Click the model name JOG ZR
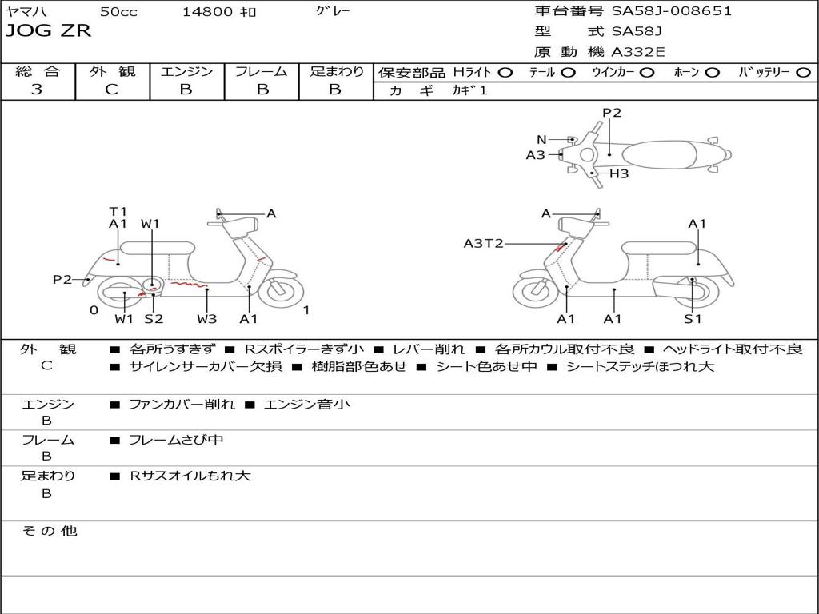[x=49, y=31]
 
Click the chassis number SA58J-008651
[x=671, y=11]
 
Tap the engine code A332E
[x=637, y=53]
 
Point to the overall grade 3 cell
[x=37, y=90]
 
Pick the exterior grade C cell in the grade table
[x=111, y=90]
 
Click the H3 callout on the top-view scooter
[x=619, y=173]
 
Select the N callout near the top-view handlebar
[x=541, y=139]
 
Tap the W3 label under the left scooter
[x=207, y=319]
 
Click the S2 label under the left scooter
[x=154, y=319]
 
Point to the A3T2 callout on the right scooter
[x=483, y=243]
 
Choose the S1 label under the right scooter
[x=693, y=319]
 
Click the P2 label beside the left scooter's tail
[x=62, y=279]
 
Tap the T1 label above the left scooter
[x=118, y=212]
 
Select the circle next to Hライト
[x=505, y=72]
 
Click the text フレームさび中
[x=176, y=440]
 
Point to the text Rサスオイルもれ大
[x=190, y=476]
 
